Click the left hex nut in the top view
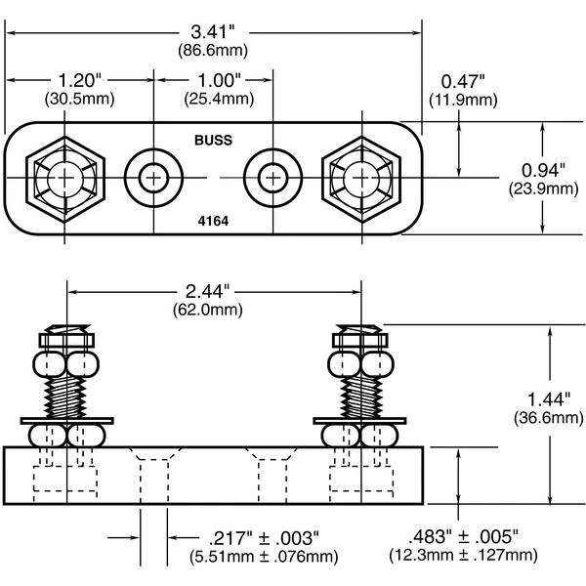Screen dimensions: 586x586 click(65, 177)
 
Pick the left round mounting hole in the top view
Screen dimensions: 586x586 click(152, 177)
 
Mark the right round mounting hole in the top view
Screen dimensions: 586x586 click(272, 177)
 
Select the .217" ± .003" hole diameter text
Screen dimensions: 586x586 click(263, 538)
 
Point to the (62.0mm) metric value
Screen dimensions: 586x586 click(213, 308)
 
